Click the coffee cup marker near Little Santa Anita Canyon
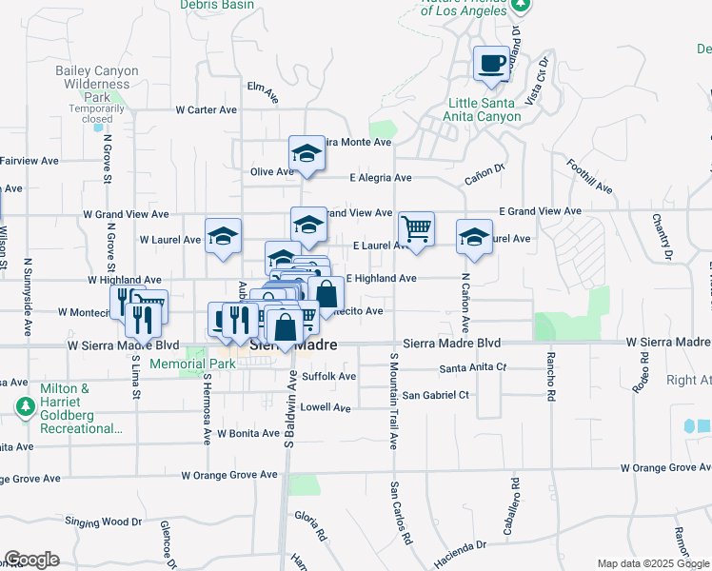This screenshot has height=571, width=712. pos(492,64)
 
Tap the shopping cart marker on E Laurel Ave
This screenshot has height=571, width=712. pos(416,228)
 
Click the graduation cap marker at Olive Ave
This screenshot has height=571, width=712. pos(307,152)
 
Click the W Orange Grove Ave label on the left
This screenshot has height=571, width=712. pos(229,474)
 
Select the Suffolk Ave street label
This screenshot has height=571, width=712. pos(328,377)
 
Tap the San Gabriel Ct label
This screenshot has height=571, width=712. pos(436,394)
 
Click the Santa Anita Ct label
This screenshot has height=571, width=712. pos(473,367)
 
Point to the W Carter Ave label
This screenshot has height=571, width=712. pos(206,110)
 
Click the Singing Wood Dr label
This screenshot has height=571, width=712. pos(103,522)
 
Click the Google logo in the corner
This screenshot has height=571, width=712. pos(31,560)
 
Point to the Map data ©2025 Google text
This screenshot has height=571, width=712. pos(653,563)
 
